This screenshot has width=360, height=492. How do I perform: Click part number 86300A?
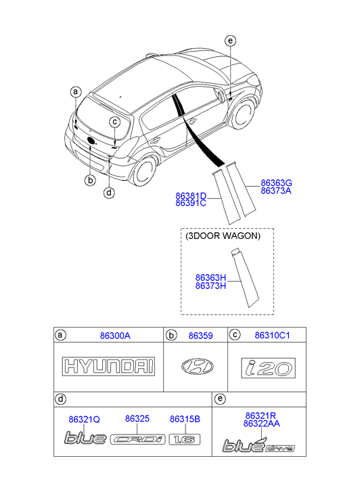115,336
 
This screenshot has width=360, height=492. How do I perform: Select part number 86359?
200,336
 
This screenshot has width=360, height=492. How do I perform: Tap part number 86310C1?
272,336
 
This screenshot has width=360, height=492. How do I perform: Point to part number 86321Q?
84,420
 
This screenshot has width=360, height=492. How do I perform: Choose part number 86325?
137,419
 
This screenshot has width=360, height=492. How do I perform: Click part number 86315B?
185,419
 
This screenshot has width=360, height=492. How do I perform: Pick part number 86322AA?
261,424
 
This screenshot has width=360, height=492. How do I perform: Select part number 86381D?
191,196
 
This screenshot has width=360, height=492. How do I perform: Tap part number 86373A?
276,191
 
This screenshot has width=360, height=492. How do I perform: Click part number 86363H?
210,277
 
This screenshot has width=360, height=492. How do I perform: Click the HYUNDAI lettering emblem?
108,366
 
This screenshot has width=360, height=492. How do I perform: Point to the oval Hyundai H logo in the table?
198,367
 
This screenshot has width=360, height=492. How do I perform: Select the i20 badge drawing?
269,368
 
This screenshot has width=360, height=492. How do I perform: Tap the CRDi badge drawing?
138,440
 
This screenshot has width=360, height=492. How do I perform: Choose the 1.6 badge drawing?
185,440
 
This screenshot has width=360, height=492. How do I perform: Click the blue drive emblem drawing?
258,445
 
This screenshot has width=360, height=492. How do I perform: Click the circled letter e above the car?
230,41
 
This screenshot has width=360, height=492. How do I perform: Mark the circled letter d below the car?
109,192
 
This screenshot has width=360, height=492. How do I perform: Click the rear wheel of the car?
143,171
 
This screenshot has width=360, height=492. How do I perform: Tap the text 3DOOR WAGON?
223,236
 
